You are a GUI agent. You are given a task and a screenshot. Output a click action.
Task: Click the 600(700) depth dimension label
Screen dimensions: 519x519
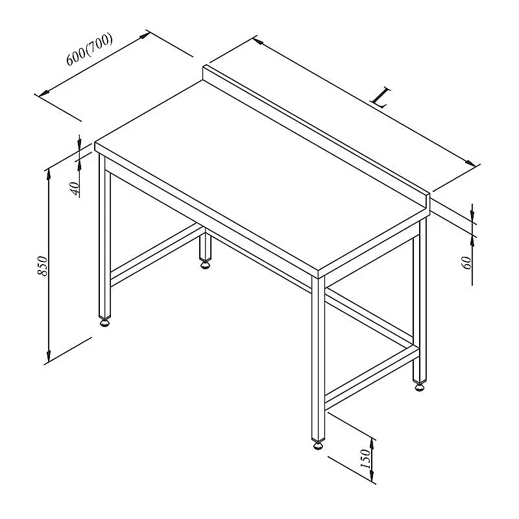pos(90,49)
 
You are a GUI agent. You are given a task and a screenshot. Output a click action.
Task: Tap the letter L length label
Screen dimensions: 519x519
pos(381,98)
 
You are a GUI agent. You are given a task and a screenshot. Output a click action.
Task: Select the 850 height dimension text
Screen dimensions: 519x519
pos(42,266)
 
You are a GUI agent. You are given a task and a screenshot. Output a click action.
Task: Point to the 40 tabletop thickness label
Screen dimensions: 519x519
pos(75,188)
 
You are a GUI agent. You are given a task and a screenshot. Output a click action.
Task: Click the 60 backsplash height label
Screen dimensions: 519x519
pos(466,263)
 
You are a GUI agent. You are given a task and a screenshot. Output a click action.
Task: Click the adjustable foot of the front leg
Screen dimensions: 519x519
pos(318,445)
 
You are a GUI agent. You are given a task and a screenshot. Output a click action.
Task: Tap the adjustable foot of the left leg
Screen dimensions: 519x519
pos(105,322)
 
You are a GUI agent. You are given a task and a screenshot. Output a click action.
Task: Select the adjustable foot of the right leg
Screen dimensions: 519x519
pos(419,386)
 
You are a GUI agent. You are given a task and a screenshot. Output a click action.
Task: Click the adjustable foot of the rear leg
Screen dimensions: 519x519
pos(205,265)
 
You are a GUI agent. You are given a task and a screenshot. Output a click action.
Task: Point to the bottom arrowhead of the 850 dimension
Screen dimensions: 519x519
pos(49,357)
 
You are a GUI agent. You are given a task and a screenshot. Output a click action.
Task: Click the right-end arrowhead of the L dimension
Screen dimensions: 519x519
pos(471,163)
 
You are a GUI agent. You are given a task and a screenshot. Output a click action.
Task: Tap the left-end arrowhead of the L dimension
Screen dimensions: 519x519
pos(258,42)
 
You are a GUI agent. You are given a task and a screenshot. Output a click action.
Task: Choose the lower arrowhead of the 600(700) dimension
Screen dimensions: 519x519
pos(44,93)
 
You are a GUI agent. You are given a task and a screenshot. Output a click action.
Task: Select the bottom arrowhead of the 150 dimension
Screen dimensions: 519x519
pos(372,476)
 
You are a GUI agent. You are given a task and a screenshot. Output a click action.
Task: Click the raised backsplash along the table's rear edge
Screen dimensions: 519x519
pos(316,136)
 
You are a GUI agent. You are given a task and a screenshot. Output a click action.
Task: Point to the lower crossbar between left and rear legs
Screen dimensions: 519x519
pos(155,255)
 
